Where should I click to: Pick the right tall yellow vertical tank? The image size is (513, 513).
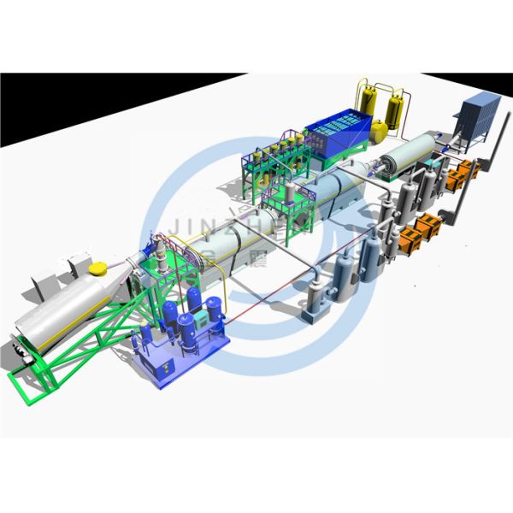[x=395, y=109]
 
